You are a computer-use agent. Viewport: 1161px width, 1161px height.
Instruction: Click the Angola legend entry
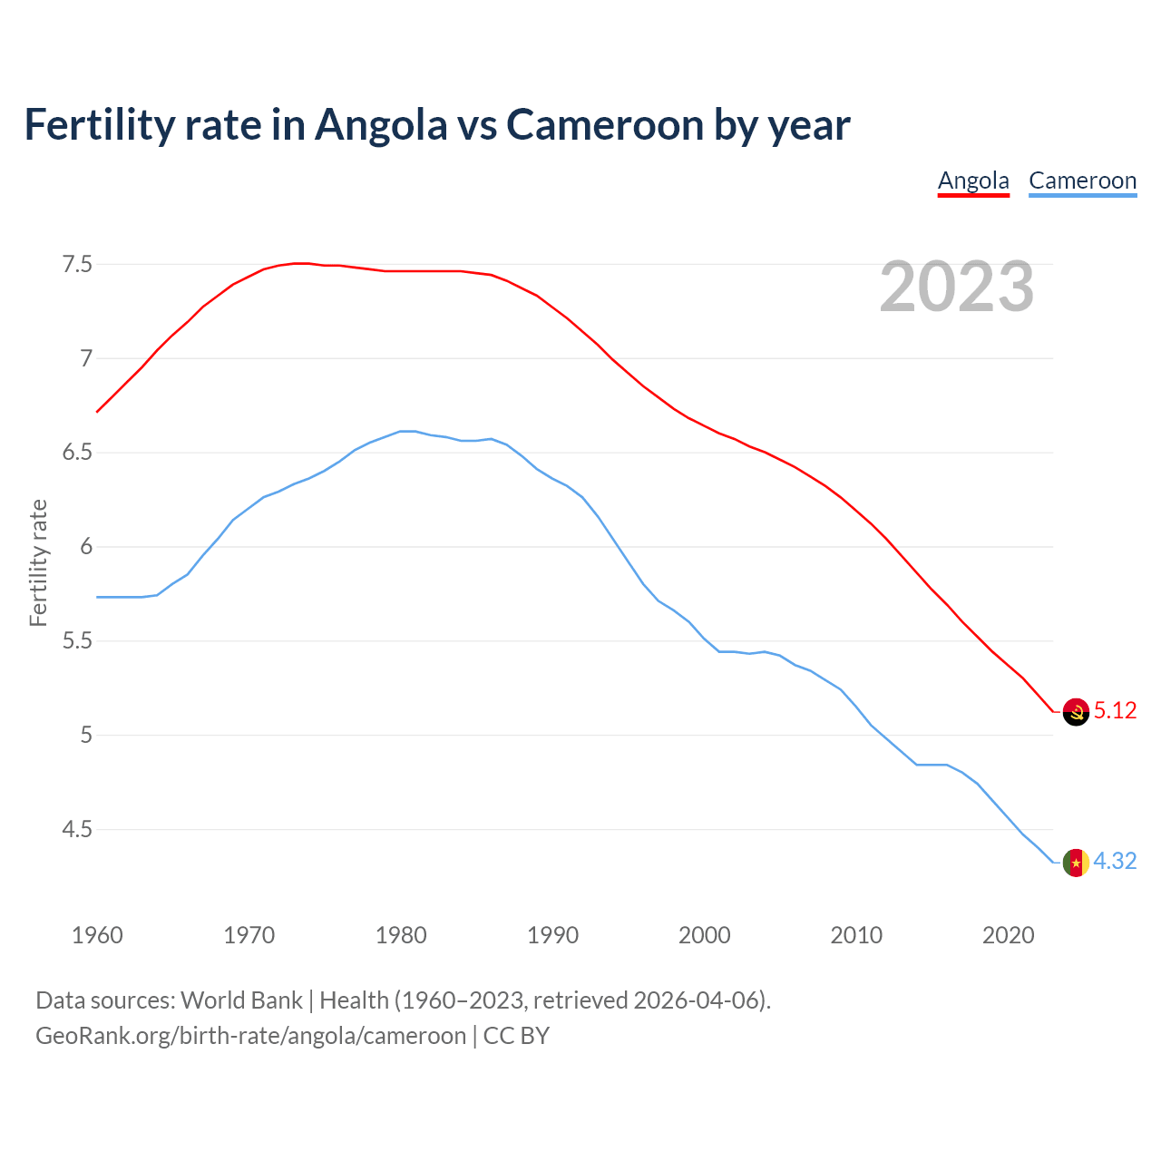point(973,180)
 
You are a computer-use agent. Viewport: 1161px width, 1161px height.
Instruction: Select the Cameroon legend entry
point(1082,180)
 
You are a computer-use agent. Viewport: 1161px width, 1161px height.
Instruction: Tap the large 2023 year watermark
point(956,287)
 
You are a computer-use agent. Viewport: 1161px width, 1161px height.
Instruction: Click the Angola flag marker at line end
point(1076,712)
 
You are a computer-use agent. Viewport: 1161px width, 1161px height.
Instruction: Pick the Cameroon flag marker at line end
point(1076,863)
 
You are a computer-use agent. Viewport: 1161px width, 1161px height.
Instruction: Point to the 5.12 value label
point(1115,710)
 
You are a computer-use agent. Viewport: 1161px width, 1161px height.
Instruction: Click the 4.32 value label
point(1115,861)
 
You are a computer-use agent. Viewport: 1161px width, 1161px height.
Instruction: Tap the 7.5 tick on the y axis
point(77,265)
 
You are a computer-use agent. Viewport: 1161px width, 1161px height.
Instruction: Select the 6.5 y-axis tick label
point(77,453)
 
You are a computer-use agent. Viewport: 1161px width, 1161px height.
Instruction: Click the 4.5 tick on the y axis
point(77,829)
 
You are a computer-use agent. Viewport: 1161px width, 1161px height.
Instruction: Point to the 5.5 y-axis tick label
point(77,641)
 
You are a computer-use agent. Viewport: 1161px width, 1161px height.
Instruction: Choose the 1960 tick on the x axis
point(97,935)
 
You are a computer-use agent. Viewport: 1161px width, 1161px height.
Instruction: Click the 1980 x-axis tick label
point(401,935)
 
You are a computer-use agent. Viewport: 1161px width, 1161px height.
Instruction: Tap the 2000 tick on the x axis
point(705,935)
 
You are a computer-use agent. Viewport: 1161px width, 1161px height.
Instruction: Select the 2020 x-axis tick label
point(1008,935)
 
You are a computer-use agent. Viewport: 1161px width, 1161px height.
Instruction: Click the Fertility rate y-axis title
point(38,562)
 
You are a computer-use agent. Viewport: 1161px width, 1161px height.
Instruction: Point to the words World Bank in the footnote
point(241,1000)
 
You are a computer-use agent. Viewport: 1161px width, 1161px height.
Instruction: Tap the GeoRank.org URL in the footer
point(250,1036)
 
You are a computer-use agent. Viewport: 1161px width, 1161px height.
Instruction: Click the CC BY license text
point(516,1036)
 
